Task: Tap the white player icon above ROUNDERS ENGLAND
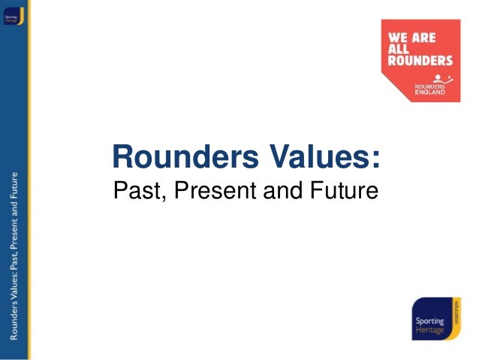click(441, 77)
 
